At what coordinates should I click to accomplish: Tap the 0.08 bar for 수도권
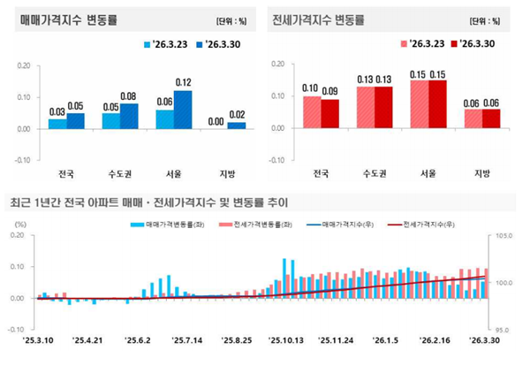pos(129,116)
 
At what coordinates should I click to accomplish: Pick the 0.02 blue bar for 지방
pos(236,126)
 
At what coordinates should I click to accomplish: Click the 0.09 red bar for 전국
pos(329,114)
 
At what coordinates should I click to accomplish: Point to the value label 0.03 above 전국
pos(57,111)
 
